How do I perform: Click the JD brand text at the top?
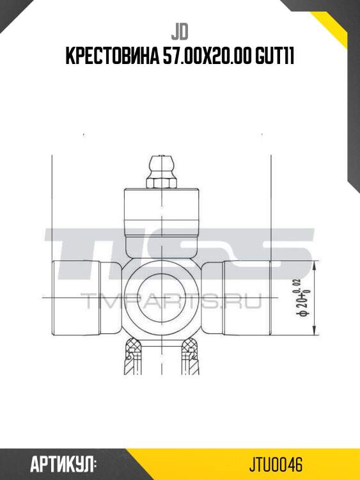[179, 32]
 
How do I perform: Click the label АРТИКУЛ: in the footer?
[63, 463]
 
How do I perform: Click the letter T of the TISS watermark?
[70, 256]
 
